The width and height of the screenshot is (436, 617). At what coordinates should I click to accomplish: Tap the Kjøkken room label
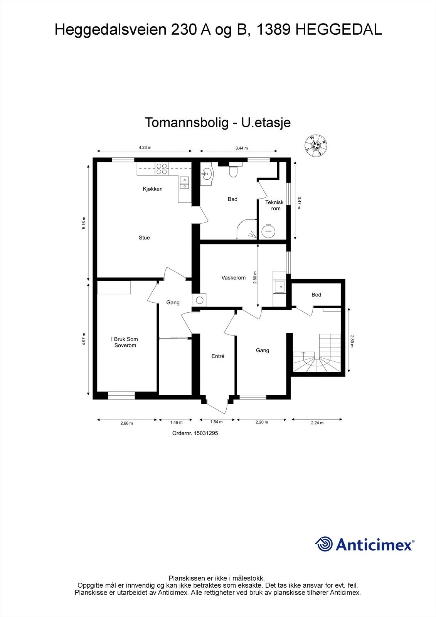pos(153,189)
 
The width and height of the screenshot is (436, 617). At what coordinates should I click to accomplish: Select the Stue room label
pos(144,238)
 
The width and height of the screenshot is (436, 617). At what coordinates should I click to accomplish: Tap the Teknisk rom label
pos(274,205)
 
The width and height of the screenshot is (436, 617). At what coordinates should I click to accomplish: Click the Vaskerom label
pos(233,278)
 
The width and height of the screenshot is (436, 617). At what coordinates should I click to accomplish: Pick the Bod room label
pos(316,295)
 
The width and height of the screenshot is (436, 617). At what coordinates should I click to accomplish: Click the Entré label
pos(218,356)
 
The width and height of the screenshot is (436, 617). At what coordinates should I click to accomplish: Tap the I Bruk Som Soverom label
pos(125,342)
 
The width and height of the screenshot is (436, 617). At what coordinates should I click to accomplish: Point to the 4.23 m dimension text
pos(145,147)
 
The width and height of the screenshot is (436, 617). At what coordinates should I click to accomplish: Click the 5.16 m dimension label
pos(84,223)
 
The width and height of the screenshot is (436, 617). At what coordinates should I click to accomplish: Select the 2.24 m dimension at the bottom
pos(317,423)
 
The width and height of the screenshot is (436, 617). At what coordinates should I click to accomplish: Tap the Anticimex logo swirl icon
pos(324,544)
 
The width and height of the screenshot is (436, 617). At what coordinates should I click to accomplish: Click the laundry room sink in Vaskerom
pos(279,286)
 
